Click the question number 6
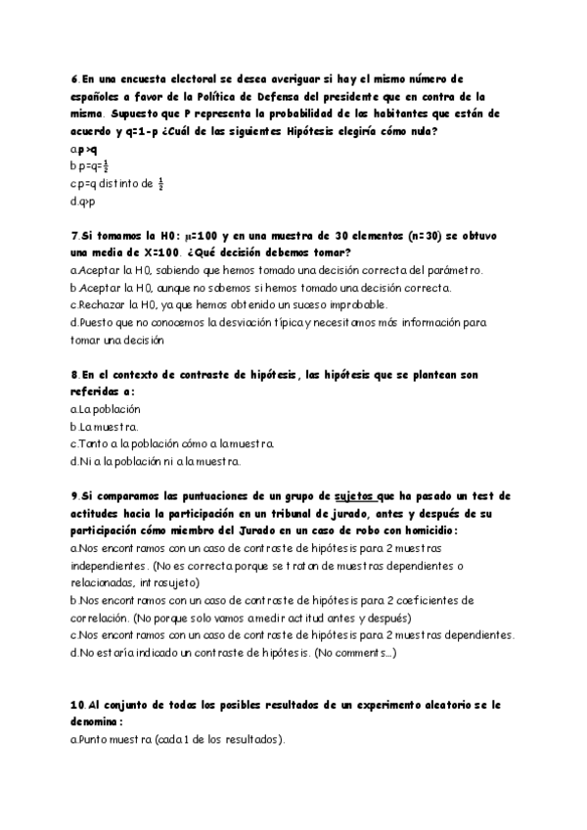(x=74, y=79)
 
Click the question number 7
(x=74, y=236)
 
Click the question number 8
(x=74, y=375)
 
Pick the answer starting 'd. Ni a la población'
(x=156, y=461)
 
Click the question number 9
(x=74, y=496)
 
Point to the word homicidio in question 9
(x=429, y=531)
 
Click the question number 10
(x=78, y=705)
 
